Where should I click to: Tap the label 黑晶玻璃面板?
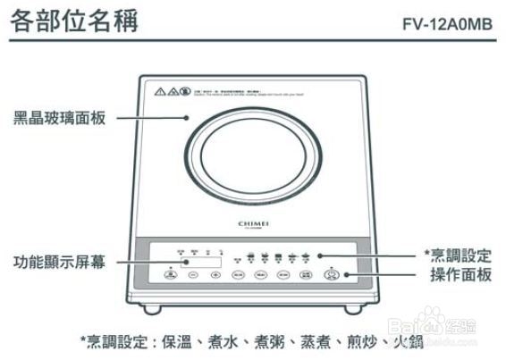[x=59, y=118]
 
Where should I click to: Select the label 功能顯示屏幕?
[x=59, y=262]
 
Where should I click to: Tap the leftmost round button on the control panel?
[x=170, y=276]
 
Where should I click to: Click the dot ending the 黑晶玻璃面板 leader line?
[x=186, y=118]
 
